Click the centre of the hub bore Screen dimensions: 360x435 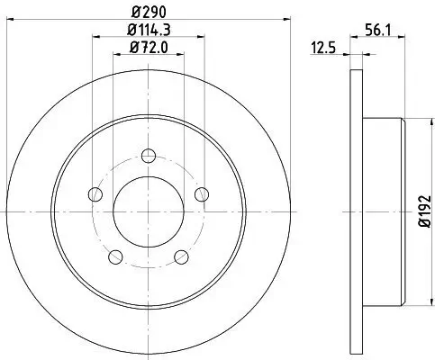149,211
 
